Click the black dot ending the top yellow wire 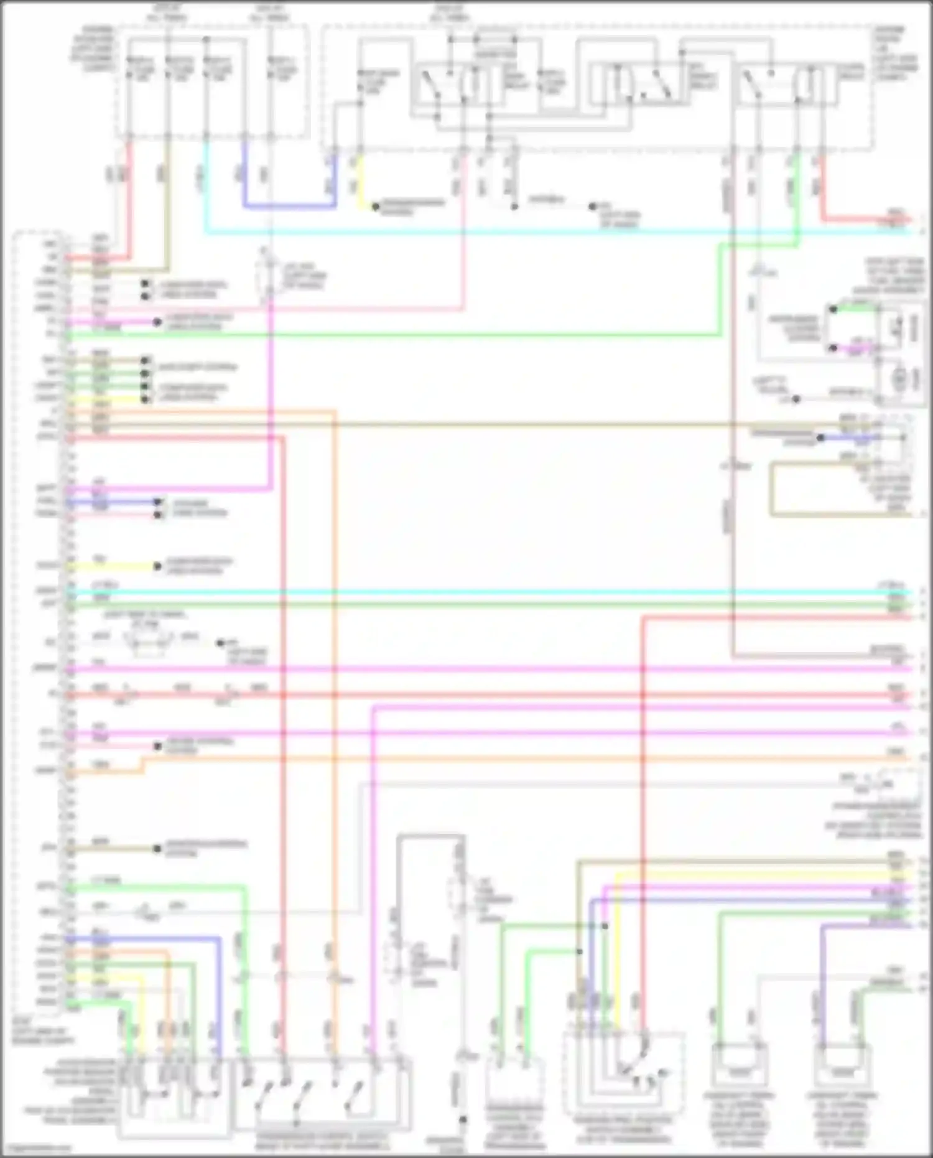point(376,206)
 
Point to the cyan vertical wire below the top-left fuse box point(206,187)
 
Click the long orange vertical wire point(335,684)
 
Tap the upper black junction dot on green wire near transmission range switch point(604,926)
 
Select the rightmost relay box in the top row point(787,84)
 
